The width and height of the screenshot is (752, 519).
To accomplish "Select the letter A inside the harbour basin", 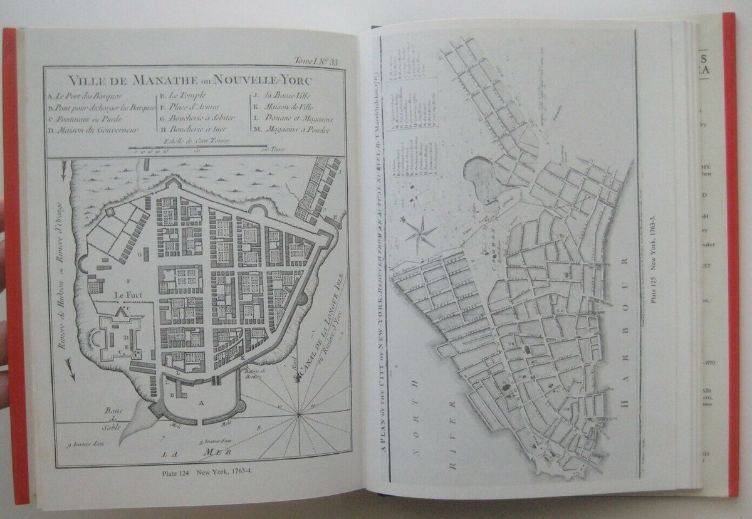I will pos(201,404).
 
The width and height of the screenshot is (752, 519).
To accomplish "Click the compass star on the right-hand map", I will pos(419,233).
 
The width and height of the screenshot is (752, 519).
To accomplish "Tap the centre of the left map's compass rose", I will pos(300,413).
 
